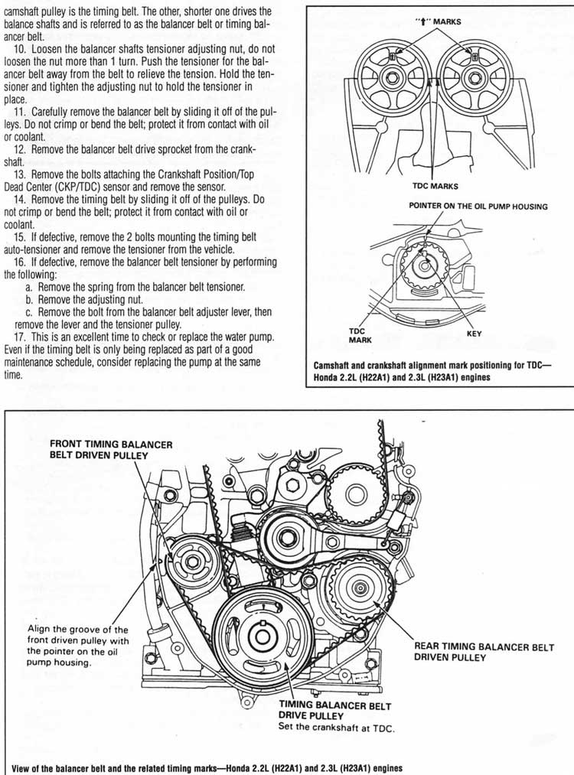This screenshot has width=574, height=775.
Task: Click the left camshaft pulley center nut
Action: (392, 77)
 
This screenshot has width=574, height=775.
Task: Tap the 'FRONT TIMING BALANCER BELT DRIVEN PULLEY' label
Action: (111, 449)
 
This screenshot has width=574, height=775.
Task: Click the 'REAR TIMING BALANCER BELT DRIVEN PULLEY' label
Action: (468, 652)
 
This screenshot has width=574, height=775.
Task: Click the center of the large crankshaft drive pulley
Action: (261, 637)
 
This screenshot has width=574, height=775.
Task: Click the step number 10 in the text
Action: (21, 50)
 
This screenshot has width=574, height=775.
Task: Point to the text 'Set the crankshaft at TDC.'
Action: (337, 728)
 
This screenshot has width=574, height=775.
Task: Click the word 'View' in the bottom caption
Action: (16, 767)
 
